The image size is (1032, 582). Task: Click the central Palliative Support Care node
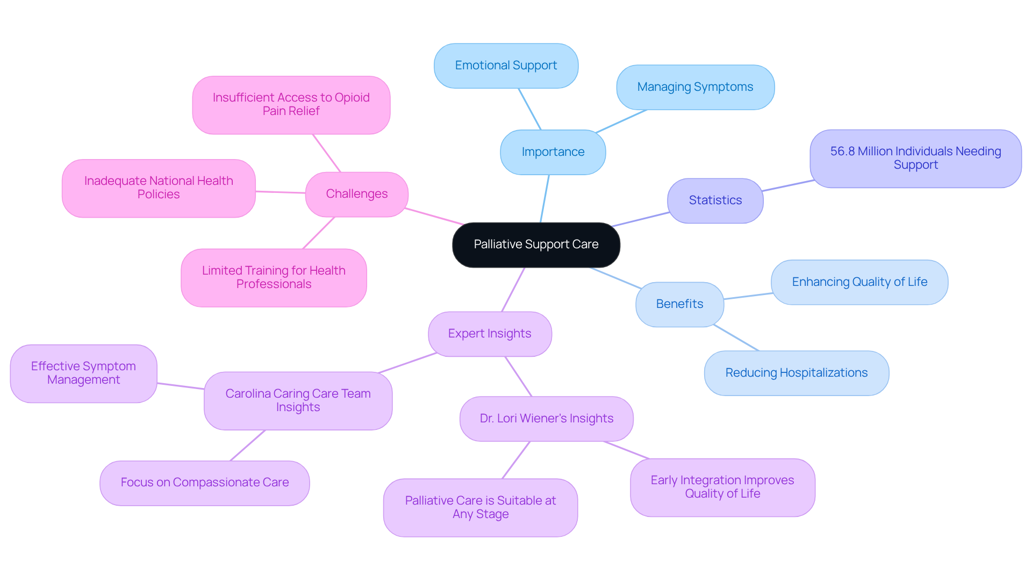pos(536,245)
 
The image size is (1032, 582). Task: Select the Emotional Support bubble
pos(506,66)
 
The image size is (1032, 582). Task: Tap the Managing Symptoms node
pos(695,87)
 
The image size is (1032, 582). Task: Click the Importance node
pos(553,152)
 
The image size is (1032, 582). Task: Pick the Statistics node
pos(715,200)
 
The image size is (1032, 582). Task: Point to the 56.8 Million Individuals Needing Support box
pos(915,159)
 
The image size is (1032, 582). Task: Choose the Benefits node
pos(679,304)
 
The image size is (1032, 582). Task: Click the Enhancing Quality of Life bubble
pos(859,282)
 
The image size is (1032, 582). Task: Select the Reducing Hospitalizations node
pos(796,373)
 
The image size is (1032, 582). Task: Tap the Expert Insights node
pos(490,334)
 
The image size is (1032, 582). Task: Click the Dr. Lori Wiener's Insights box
pos(546,419)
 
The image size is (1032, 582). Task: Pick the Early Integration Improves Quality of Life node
pos(722,487)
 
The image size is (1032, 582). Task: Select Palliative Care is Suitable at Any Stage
pos(480,507)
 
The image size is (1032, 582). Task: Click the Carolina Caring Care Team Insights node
pos(298,400)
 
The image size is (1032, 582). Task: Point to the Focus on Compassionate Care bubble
pos(204,483)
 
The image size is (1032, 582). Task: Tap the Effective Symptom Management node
pos(83,373)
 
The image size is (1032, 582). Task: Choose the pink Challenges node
pos(356,194)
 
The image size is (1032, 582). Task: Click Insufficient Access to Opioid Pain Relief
pos(291,104)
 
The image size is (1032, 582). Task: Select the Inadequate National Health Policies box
pos(159,188)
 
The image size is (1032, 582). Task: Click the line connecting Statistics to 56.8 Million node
pos(787,185)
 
